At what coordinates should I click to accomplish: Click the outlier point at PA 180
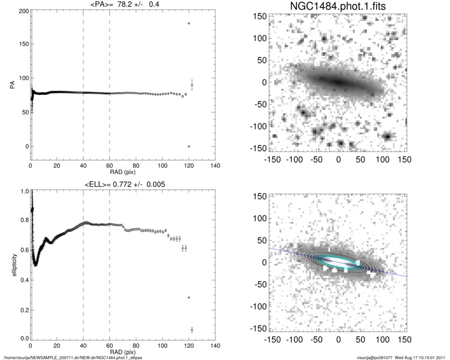[x=189, y=23]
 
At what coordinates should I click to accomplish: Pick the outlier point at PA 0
[x=189, y=146]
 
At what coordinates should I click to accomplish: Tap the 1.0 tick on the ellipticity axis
[x=22, y=192]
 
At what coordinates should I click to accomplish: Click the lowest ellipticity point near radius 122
[x=192, y=330]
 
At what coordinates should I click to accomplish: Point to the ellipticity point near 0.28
[x=189, y=297]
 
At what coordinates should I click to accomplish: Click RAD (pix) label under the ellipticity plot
[x=123, y=351]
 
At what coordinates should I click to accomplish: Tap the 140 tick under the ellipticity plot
[x=215, y=346]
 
